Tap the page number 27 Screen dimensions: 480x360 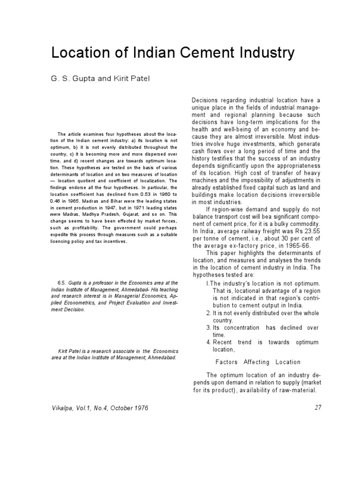point(318,407)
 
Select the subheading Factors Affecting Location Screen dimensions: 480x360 point(257,362)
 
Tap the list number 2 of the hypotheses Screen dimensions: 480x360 point(208,313)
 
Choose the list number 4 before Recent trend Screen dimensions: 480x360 point(208,342)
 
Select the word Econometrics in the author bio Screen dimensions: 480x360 point(75,303)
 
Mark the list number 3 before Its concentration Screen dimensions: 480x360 point(208,327)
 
